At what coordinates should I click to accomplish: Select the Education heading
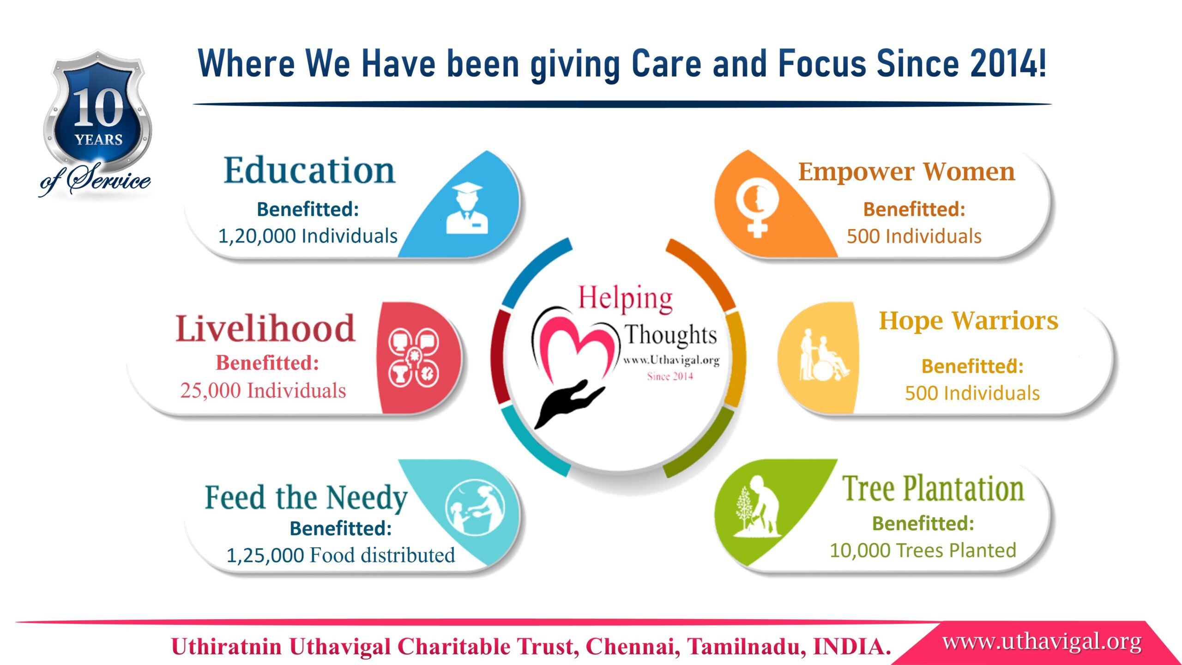309,170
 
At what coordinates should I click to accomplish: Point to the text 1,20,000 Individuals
308,236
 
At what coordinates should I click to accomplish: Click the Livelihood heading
265,328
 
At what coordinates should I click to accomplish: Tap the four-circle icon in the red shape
414,357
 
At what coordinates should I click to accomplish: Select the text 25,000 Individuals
263,390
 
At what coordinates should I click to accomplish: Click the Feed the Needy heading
306,498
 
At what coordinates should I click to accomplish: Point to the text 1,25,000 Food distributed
341,555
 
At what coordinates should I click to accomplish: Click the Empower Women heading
907,172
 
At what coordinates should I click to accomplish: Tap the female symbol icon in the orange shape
757,208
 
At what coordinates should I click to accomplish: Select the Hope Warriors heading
969,321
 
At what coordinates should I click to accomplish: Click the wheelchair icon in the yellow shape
824,355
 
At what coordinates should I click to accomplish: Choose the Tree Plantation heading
933,488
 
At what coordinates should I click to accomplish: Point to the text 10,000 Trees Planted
923,550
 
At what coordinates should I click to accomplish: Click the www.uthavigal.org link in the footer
1042,642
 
